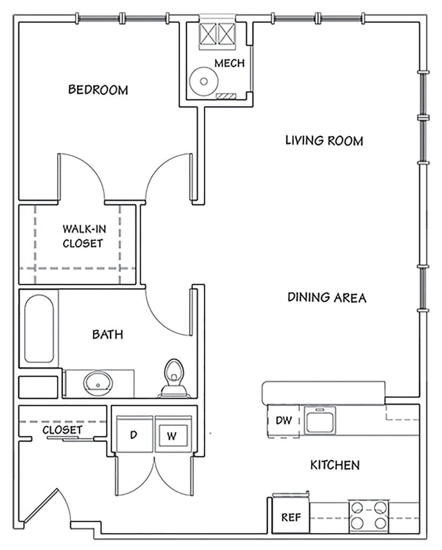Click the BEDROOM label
98,90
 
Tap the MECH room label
229,63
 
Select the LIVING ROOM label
324,141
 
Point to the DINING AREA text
327,298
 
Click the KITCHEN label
335,465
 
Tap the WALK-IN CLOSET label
84,236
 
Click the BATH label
108,334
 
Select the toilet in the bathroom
174,378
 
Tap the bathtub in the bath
39,329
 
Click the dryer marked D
135,434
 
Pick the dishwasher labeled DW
284,421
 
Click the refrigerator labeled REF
291,517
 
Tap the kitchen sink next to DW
320,420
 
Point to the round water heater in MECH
204,81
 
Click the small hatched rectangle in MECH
227,96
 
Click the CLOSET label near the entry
62,430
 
